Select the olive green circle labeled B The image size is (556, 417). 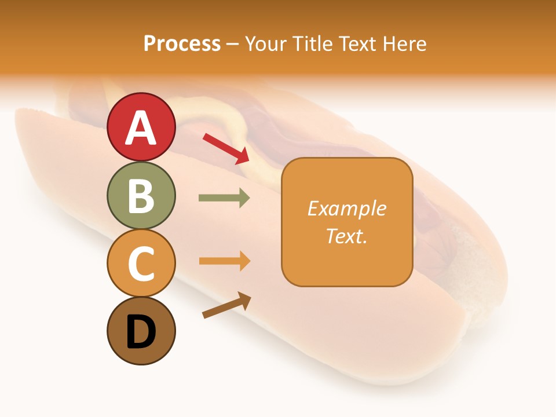tap(141, 195)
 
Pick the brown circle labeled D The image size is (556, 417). tap(141, 331)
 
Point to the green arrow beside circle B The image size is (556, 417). tap(224, 198)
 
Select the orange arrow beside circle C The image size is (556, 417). tap(224, 261)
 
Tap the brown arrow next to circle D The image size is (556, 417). tap(226, 305)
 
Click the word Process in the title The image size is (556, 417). tap(182, 44)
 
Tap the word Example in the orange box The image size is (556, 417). tap(346, 209)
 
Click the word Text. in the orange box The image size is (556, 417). tap(346, 236)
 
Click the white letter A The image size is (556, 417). tap(141, 128)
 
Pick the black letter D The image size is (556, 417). tap(141, 332)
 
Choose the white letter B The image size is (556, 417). tap(141, 196)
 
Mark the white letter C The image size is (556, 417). tap(141, 263)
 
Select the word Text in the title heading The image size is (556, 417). tap(357, 44)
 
